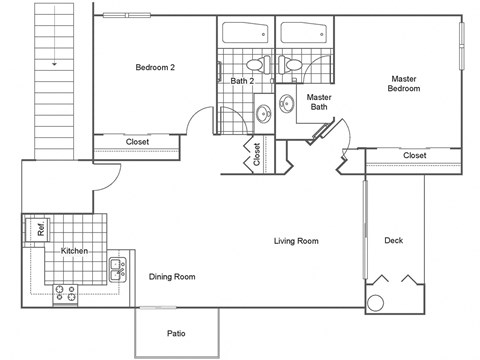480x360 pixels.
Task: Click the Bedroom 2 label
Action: pyautogui.click(x=155, y=68)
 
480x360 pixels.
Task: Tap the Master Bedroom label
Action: pyautogui.click(x=404, y=84)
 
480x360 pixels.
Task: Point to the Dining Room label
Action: pyautogui.click(x=172, y=277)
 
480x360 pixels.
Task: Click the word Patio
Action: pyautogui.click(x=177, y=334)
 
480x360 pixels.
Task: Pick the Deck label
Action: pyautogui.click(x=394, y=241)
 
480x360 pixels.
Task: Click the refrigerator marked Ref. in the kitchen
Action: pyautogui.click(x=41, y=229)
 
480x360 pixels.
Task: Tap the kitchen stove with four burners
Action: pyautogui.click(x=66, y=292)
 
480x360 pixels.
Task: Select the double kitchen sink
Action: pyautogui.click(x=117, y=267)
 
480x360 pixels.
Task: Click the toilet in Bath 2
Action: pyautogui.click(x=255, y=66)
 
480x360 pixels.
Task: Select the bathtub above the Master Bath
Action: pyautogui.click(x=305, y=31)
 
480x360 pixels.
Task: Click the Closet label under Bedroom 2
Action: pyautogui.click(x=137, y=142)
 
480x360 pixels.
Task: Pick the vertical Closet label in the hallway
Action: pyautogui.click(x=256, y=154)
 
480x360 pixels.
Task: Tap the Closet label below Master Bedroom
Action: pyautogui.click(x=414, y=156)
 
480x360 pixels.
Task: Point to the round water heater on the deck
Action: pyautogui.click(x=377, y=304)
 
